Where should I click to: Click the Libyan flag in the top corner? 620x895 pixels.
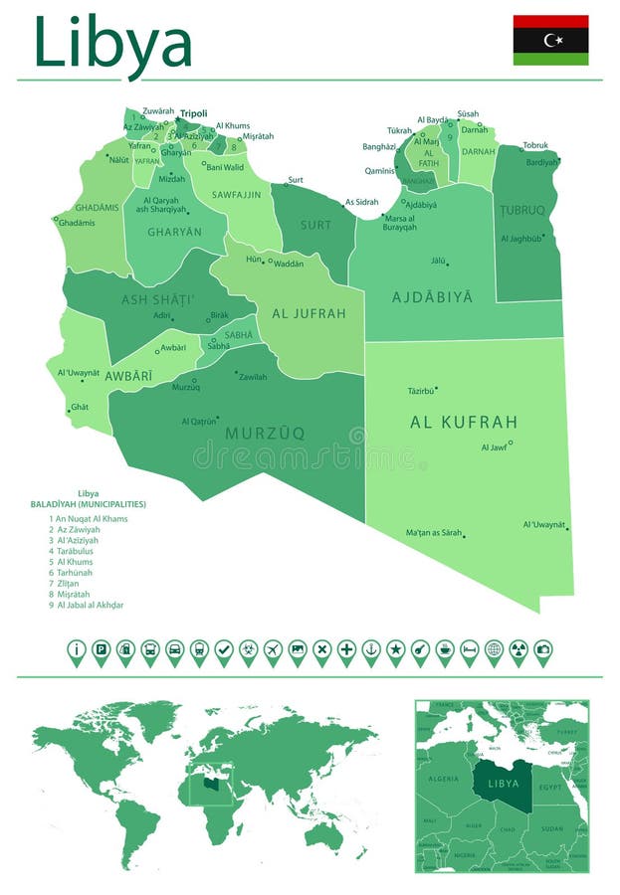[x=550, y=40]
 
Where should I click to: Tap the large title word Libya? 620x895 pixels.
[x=112, y=43]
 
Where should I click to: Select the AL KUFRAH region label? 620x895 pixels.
[x=464, y=422]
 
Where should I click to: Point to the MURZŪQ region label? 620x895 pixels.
[x=265, y=433]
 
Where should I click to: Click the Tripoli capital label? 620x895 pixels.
[x=193, y=113]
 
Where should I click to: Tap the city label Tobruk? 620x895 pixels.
[x=535, y=145]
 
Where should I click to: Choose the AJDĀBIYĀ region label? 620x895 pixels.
[x=432, y=297]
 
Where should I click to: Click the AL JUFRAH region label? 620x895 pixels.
[x=309, y=313]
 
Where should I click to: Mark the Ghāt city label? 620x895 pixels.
[x=80, y=407]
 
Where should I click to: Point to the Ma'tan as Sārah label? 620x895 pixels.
[x=434, y=533]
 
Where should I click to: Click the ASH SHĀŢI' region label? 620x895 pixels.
[x=158, y=299]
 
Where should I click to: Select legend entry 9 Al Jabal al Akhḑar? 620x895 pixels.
[x=91, y=605]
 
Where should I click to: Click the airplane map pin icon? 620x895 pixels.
[x=273, y=651]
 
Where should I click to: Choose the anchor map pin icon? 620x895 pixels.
[x=371, y=651]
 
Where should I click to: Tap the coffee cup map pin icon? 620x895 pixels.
[x=445, y=651]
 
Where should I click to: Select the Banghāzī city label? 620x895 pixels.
[x=379, y=146]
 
